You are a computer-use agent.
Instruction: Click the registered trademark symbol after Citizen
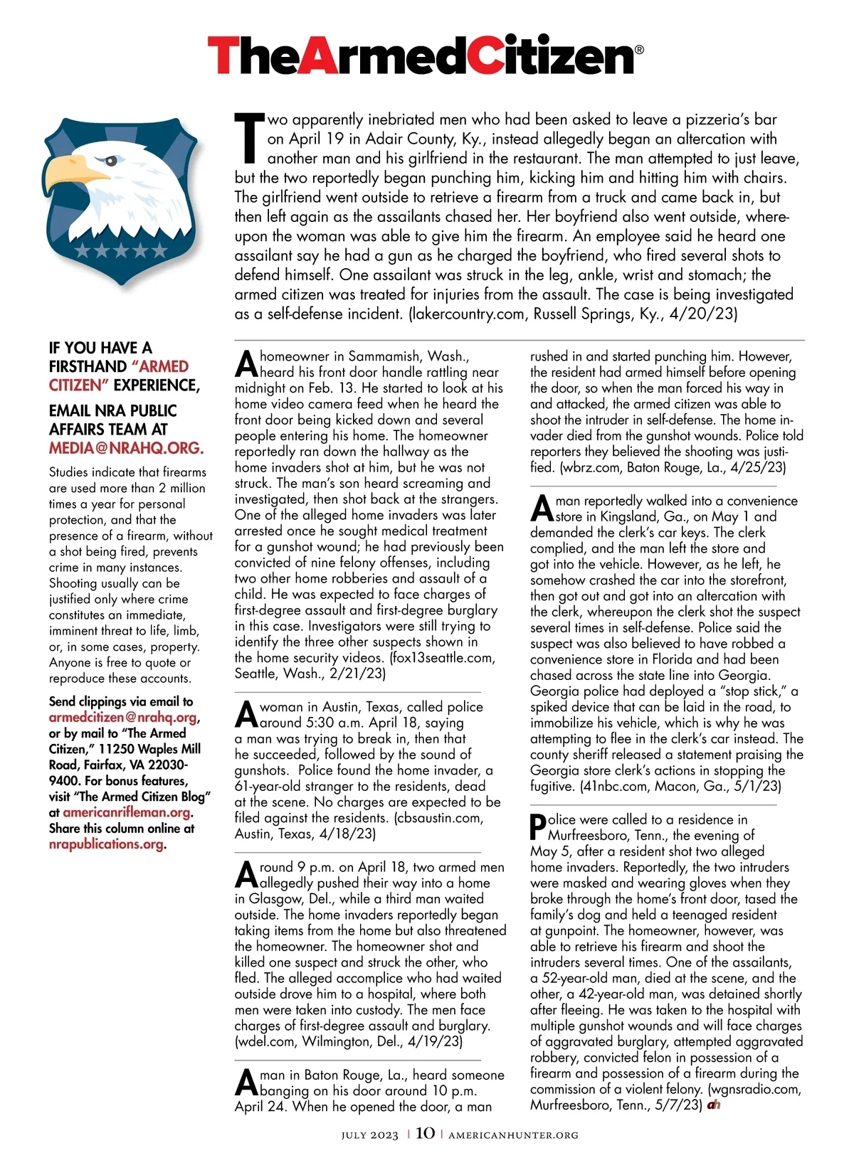pos(638,50)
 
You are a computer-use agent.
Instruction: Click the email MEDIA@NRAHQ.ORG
pos(126,448)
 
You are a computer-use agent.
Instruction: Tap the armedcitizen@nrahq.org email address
pos(122,718)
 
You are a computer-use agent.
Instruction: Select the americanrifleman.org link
pos(127,812)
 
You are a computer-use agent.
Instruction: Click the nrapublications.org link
pos(106,844)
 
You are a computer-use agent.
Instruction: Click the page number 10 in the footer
pos(425,1133)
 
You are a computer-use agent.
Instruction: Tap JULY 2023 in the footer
pos(369,1135)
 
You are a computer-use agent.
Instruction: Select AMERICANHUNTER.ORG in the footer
pos(513,1135)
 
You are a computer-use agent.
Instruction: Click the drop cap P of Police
pos(538,827)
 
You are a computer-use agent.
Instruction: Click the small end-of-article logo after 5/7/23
pos(714,1105)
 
